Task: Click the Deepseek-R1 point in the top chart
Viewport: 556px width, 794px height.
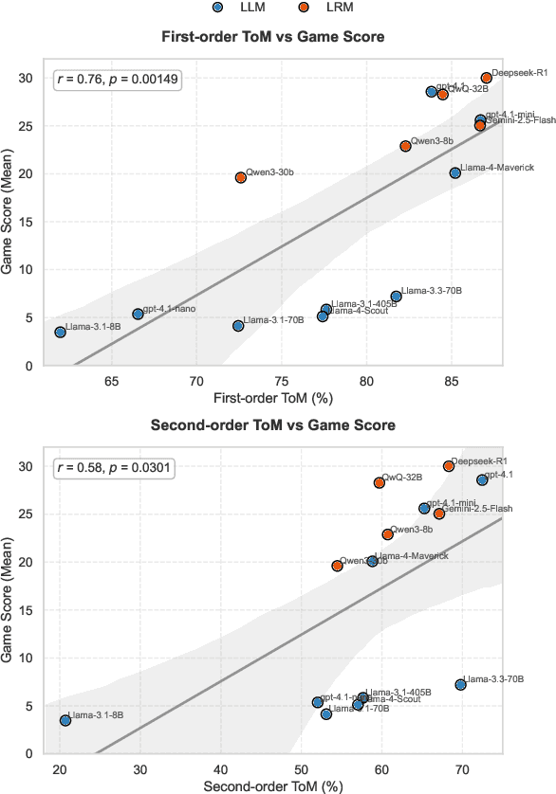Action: pyautogui.click(x=487, y=78)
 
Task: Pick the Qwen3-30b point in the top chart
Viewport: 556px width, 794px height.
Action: pyautogui.click(x=241, y=177)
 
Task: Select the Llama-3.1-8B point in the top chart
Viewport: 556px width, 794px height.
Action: pyautogui.click(x=61, y=333)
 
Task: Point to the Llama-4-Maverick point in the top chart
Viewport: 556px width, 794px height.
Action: pyautogui.click(x=455, y=172)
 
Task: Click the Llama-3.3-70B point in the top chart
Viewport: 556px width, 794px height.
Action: pyautogui.click(x=397, y=297)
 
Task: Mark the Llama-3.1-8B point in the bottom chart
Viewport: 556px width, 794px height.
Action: pyautogui.click(x=65, y=720)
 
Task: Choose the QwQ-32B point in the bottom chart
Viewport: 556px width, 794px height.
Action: pyautogui.click(x=380, y=482)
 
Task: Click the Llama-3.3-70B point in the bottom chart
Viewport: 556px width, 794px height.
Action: pyautogui.click(x=461, y=684)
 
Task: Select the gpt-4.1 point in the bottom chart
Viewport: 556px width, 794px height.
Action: pyautogui.click(x=482, y=479)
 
